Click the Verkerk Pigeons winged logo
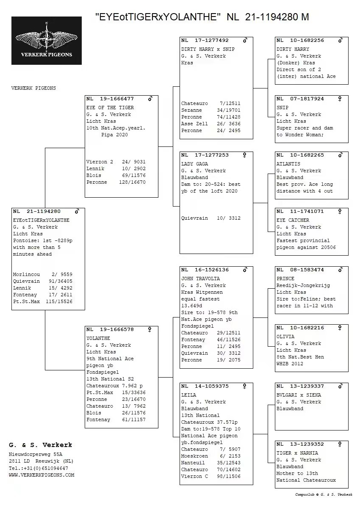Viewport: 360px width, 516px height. tap(47, 40)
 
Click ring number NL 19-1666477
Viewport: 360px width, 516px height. tap(110, 99)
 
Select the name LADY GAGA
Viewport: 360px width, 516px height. tap(194, 164)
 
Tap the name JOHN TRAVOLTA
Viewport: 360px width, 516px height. tap(200, 279)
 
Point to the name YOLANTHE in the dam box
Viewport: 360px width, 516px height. tap(98, 338)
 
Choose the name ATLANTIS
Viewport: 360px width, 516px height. tap(288, 164)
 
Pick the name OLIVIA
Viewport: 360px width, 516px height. tap(285, 337)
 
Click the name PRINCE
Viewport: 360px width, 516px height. tap(285, 279)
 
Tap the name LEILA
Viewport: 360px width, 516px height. tap(188, 395)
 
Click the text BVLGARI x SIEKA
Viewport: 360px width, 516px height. tap(299, 395)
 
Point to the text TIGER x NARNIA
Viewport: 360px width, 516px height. tap(297, 453)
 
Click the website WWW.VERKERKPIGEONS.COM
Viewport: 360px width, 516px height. tap(42, 475)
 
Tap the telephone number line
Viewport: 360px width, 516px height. tap(38, 468)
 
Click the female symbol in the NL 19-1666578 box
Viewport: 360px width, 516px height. tap(150, 329)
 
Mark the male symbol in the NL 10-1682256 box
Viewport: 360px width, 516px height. tap(340, 40)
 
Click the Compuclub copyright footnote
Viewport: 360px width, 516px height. tap(324, 494)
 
